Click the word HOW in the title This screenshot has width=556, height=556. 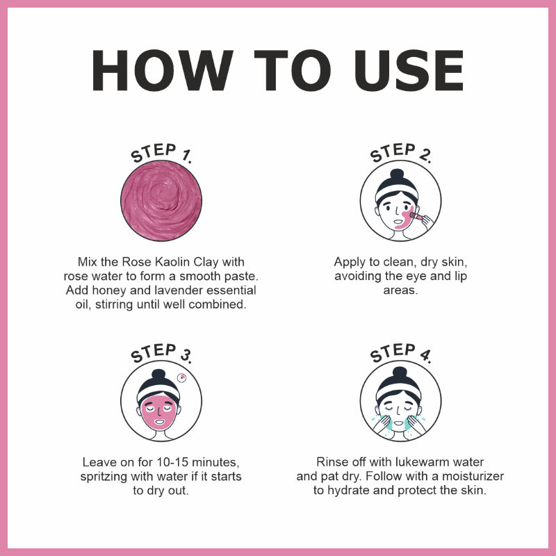tap(163, 71)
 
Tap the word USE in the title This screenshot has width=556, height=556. tap(409, 71)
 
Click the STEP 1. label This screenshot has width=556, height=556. tap(161, 153)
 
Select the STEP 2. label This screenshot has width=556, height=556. tap(401, 153)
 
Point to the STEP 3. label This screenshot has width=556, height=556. tap(161, 353)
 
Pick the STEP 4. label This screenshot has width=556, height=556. tap(401, 353)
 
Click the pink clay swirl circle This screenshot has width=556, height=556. tap(161, 201)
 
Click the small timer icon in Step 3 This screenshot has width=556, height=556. tap(181, 377)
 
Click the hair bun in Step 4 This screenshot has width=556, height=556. tap(400, 373)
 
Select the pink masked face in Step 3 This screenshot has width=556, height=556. tap(159, 411)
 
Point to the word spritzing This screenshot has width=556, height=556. tap(104, 477)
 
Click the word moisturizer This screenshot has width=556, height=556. tap(473, 476)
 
